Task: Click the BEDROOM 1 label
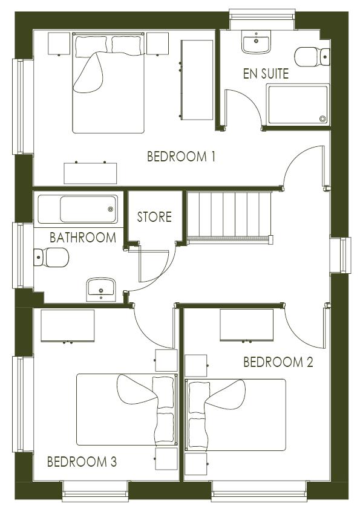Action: (x=182, y=157)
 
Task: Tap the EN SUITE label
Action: (x=265, y=74)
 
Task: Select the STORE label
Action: (x=154, y=216)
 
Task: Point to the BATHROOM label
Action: (x=82, y=238)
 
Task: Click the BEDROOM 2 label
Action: (x=278, y=362)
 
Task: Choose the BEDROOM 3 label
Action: (x=82, y=462)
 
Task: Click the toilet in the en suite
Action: (x=312, y=57)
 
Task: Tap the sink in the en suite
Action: (x=257, y=42)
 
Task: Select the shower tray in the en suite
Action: (x=298, y=105)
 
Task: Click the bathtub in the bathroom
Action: (x=78, y=209)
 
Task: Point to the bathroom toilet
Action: (x=51, y=258)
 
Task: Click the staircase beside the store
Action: (x=226, y=216)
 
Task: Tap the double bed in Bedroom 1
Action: (x=109, y=83)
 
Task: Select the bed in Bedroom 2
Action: (x=236, y=414)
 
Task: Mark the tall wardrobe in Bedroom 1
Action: (x=197, y=79)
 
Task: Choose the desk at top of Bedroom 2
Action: (x=246, y=325)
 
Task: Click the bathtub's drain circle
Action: (x=110, y=210)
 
